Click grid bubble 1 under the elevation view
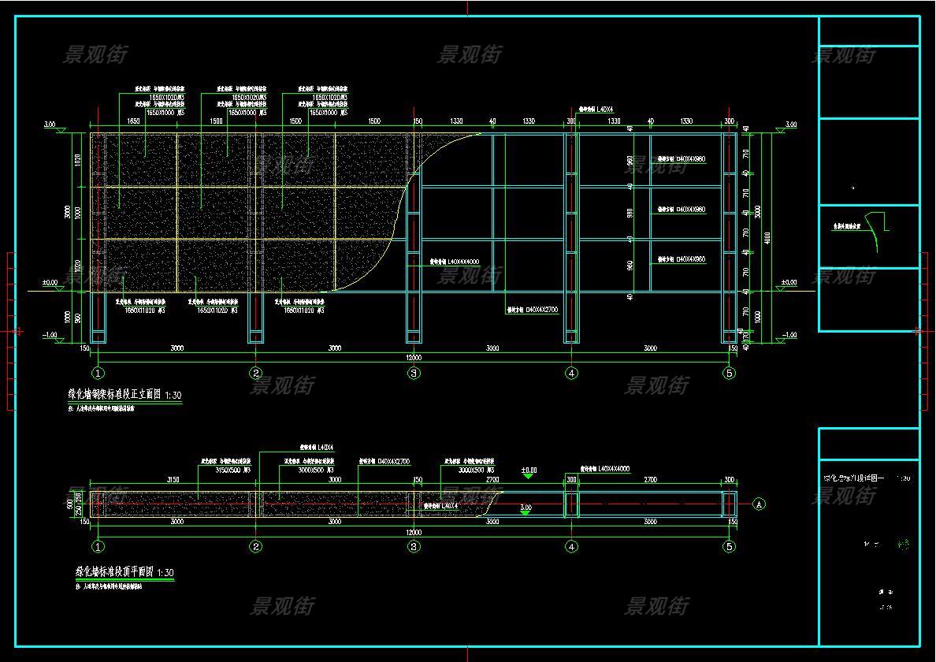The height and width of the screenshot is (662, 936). point(98,373)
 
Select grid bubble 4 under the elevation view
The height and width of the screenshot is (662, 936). point(571,373)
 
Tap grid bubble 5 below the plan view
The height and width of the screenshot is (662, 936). point(729,546)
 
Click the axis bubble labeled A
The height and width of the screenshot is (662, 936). point(759,504)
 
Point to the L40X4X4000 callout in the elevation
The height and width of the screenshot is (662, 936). point(454,262)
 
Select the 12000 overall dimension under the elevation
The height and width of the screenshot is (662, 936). point(413,358)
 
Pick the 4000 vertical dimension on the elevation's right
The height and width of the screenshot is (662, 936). point(767,236)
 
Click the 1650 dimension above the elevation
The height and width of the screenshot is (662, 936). point(133,121)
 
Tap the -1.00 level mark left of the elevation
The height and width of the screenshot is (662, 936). point(50,335)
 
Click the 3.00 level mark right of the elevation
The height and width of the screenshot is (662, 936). point(789,125)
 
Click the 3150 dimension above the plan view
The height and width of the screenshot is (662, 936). point(173,479)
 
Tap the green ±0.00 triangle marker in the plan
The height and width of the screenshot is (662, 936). point(529,475)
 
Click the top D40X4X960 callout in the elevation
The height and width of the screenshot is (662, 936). point(682,159)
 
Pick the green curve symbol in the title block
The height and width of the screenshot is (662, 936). point(873,232)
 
